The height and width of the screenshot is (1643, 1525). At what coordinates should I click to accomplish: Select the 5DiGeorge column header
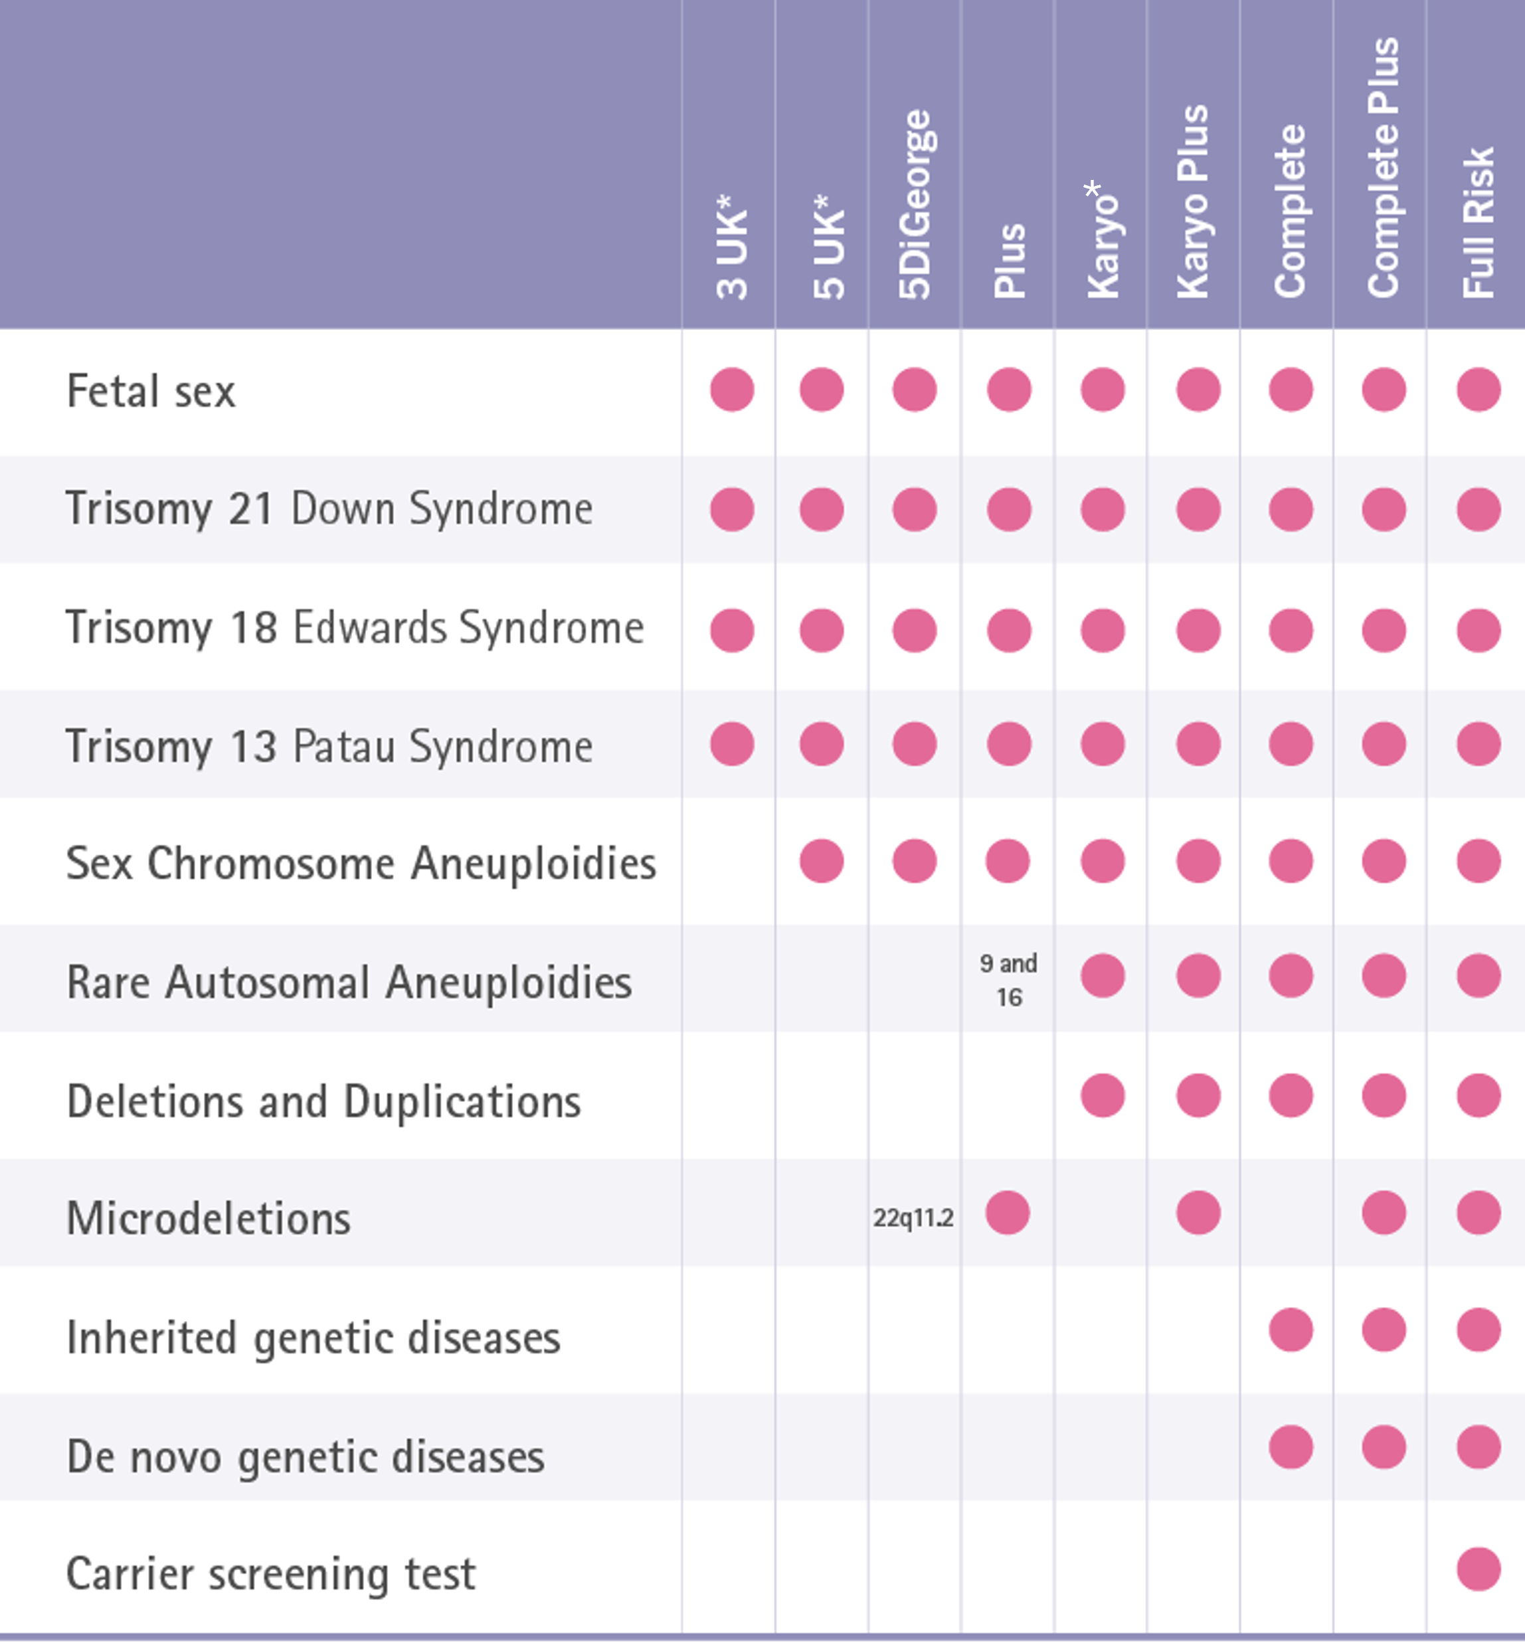(x=915, y=204)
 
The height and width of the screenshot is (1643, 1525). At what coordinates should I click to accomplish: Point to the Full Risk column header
(x=1478, y=222)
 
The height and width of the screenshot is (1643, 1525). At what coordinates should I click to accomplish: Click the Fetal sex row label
(x=151, y=391)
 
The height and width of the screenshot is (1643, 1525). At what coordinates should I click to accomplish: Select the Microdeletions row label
(x=209, y=1218)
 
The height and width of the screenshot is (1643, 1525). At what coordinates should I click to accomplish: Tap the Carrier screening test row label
(x=272, y=1574)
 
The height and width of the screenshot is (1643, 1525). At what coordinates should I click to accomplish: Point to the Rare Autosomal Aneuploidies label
(x=349, y=982)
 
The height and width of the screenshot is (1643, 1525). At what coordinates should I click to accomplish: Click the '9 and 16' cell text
(x=1008, y=980)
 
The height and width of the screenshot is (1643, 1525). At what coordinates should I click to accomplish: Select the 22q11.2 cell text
(x=913, y=1217)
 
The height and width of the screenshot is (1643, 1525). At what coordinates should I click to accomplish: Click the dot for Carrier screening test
(x=1478, y=1568)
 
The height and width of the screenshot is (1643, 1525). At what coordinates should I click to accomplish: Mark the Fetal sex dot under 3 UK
(x=732, y=388)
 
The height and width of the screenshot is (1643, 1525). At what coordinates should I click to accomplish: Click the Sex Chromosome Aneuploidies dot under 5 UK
(x=822, y=861)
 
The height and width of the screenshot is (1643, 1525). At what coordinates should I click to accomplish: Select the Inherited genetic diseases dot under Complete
(x=1291, y=1330)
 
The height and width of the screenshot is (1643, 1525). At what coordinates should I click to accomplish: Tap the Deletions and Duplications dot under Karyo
(x=1103, y=1095)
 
